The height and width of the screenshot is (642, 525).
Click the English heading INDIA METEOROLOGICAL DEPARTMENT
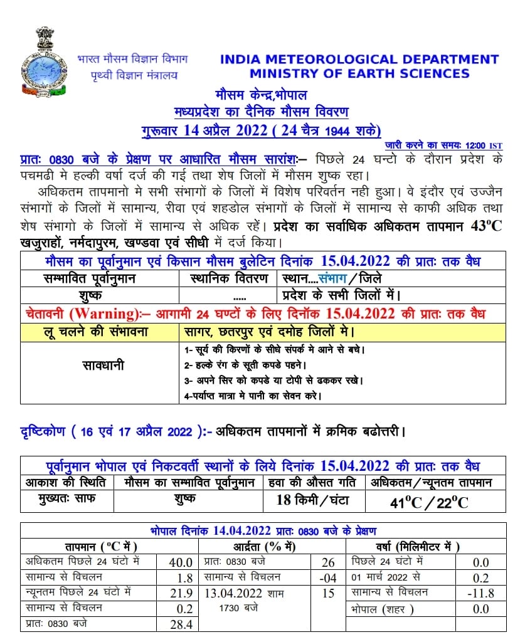click(359, 60)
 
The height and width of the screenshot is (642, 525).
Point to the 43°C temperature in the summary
click(486, 226)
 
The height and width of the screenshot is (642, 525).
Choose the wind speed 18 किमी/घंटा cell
click(313, 500)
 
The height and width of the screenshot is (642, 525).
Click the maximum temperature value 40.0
click(181, 562)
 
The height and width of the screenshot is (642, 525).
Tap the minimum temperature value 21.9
click(181, 593)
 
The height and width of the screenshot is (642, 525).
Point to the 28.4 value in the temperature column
click(181, 624)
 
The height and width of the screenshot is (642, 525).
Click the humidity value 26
click(328, 562)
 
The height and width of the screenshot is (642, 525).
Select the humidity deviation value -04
click(328, 577)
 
